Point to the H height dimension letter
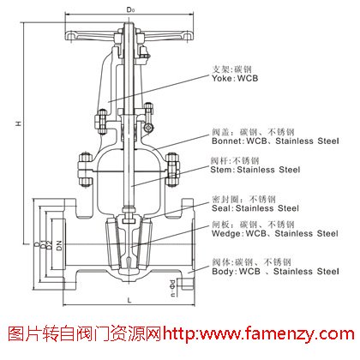pos(17,124)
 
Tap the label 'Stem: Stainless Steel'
pos(255,170)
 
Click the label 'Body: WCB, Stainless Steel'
pos(274,270)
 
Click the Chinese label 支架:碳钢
pos(233,66)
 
